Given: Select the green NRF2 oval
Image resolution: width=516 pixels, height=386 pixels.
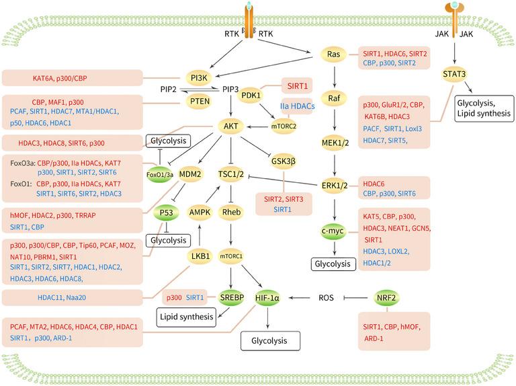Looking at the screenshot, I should pos(386,296).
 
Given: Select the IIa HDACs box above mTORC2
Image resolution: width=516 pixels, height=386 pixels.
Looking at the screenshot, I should pos(297,106).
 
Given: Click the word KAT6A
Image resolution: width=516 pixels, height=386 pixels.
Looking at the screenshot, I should pos(46,79).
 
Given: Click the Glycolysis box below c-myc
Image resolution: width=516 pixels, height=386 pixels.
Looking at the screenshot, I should pos(334,264).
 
